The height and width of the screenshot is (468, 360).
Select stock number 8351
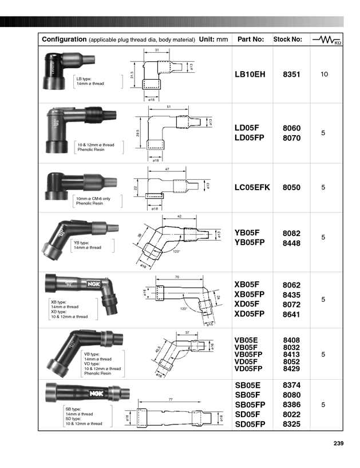(291, 74)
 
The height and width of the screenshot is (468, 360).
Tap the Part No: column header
(251, 40)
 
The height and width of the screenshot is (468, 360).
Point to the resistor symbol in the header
(327, 40)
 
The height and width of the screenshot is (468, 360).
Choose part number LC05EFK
(252, 187)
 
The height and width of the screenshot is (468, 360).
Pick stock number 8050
(291, 187)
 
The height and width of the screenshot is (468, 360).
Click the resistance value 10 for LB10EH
(324, 74)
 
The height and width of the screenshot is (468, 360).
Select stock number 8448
(291, 243)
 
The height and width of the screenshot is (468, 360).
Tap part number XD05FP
(250, 314)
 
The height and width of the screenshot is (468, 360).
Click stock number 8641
(291, 314)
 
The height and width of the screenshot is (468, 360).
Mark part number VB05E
(247, 340)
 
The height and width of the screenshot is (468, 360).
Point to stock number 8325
(291, 424)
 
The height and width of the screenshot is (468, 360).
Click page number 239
(338, 443)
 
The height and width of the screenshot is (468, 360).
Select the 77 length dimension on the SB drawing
(171, 399)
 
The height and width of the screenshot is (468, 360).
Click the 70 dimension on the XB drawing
(177, 277)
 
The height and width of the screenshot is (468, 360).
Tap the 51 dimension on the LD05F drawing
(169, 107)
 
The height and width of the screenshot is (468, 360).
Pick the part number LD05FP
(251, 138)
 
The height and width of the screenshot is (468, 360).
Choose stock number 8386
(291, 404)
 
